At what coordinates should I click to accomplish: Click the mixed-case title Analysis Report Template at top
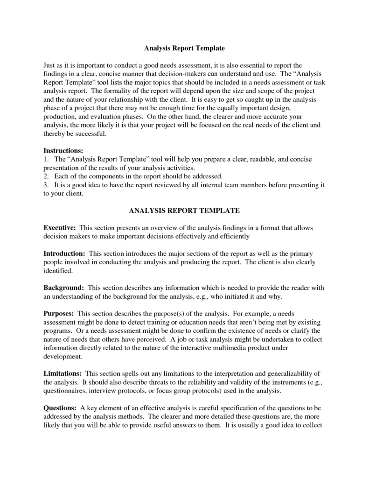click(x=184, y=48)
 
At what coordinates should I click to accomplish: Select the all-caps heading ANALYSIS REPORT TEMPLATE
click(x=184, y=211)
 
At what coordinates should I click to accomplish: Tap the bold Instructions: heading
click(x=63, y=151)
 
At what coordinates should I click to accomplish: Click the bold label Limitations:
click(x=63, y=373)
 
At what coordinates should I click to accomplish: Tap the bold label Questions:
click(x=60, y=408)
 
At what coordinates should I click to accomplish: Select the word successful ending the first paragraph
click(x=90, y=134)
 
